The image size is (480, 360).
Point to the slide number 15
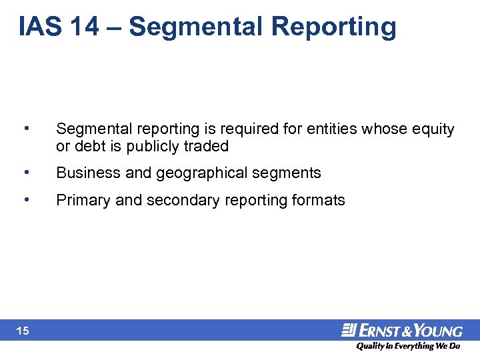23,331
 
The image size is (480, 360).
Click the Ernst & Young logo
402,330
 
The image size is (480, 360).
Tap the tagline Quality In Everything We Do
407,346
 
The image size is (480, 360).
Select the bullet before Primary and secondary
25,199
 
